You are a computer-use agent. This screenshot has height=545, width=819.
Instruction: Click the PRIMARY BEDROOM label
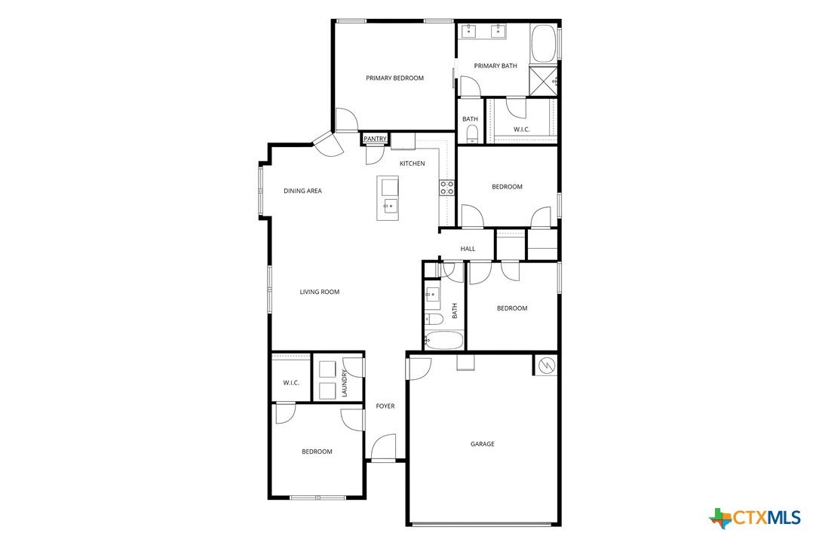(394, 78)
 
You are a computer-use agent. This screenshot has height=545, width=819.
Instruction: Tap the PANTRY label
(375, 139)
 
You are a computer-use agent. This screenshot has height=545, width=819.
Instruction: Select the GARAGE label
(482, 444)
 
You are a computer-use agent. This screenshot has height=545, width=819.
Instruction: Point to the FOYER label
(385, 406)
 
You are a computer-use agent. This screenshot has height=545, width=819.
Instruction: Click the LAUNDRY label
(344, 383)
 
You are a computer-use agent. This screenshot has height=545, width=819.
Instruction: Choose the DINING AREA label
(302, 191)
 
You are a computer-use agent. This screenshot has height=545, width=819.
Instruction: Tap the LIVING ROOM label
(320, 292)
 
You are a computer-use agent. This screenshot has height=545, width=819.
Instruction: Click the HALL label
(468, 249)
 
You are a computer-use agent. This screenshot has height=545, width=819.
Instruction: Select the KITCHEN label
(412, 164)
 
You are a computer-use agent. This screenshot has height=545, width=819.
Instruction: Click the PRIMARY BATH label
(495, 66)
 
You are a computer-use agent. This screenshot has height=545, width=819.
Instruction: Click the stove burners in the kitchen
(446, 188)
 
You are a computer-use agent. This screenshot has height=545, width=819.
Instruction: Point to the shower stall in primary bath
(543, 81)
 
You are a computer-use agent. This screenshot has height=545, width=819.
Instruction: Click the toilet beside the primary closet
(472, 133)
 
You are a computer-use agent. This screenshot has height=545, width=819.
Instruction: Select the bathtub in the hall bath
(443, 341)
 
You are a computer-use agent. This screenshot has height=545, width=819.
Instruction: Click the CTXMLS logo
(755, 518)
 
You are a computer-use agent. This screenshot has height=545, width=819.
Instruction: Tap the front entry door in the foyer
(384, 447)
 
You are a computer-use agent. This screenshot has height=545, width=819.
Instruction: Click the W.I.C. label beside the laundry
(291, 383)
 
